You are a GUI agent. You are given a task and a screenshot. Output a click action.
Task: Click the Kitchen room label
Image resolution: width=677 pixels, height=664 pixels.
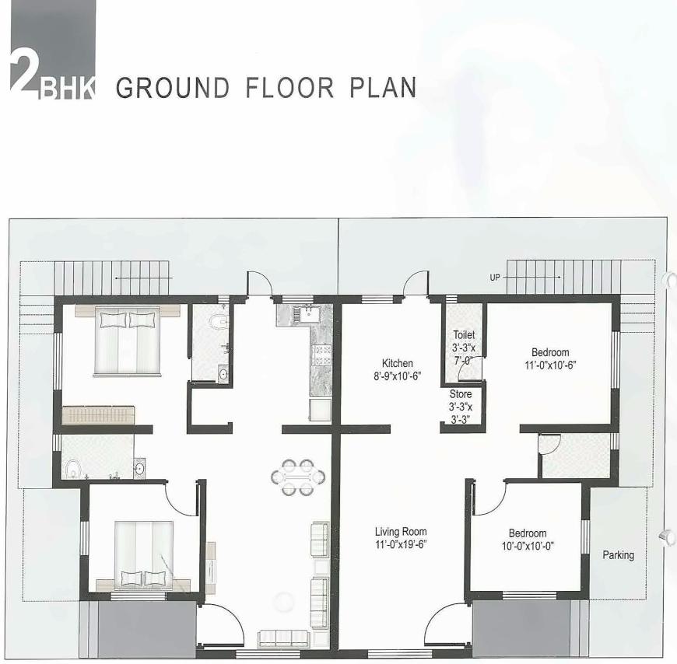point(397,363)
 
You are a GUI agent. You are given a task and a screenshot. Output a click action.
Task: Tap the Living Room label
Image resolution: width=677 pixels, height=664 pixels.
point(401,532)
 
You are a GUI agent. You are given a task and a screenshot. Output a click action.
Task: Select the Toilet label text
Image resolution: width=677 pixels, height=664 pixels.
point(464,335)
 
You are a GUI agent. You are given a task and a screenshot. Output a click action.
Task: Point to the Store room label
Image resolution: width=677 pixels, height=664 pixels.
point(460,394)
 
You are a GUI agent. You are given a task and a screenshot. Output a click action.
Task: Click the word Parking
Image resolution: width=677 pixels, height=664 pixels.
point(618,555)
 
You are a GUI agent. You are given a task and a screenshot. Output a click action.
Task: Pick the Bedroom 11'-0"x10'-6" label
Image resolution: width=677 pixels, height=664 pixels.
point(550,352)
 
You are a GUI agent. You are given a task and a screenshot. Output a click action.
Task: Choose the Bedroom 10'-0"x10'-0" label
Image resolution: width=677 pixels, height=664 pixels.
point(527,533)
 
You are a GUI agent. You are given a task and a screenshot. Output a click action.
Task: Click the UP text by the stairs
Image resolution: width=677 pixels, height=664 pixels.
point(495,277)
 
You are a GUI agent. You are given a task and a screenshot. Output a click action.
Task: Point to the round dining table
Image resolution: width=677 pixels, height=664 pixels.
point(298,477)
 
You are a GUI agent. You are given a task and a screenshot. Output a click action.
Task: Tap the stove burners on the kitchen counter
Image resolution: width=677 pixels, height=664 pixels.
point(321,355)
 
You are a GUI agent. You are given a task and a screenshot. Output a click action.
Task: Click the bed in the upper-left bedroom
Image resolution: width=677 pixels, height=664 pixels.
point(127,341)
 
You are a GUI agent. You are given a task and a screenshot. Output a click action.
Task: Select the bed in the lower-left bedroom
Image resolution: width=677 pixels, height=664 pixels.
point(144,553)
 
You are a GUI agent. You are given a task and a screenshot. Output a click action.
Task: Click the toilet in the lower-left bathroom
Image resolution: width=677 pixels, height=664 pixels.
point(73,469)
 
